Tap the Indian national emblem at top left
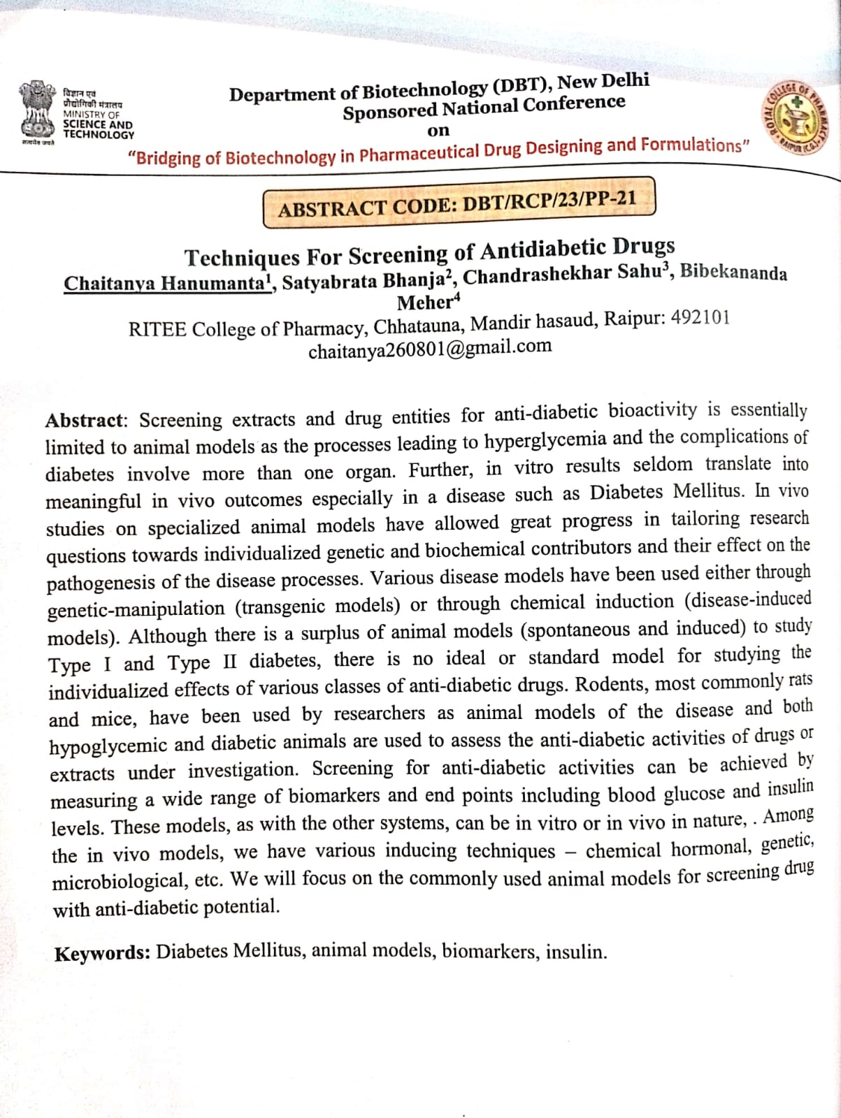(37, 112)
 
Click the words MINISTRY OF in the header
(92, 115)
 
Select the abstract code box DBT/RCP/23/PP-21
(459, 203)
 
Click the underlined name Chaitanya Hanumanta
(166, 283)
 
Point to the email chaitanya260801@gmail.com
(430, 348)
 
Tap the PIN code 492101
(700, 318)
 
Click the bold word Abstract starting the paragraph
(84, 421)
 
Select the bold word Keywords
(102, 954)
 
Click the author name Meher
(426, 303)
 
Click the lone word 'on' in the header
(438, 131)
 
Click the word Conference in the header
(574, 104)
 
